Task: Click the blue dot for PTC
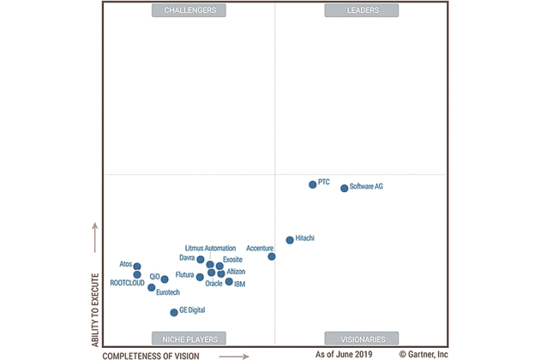click(x=312, y=184)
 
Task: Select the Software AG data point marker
click(x=345, y=188)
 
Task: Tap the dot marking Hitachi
click(x=290, y=240)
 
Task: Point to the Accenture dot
click(x=272, y=256)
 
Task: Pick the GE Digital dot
click(x=174, y=312)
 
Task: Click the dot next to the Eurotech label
click(x=152, y=287)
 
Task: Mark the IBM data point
click(x=229, y=282)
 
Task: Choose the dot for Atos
click(x=137, y=267)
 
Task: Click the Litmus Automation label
click(x=210, y=248)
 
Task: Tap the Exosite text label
click(x=233, y=260)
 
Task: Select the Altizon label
click(x=236, y=272)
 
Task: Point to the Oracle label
click(x=214, y=283)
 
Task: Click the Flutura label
click(x=184, y=275)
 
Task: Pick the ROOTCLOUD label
click(x=127, y=282)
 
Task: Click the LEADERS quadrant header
click(x=362, y=10)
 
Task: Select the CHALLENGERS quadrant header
click(x=189, y=10)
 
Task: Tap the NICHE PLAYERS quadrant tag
click(x=189, y=339)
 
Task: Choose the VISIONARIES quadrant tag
click(x=362, y=339)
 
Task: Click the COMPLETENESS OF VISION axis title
click(x=151, y=355)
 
